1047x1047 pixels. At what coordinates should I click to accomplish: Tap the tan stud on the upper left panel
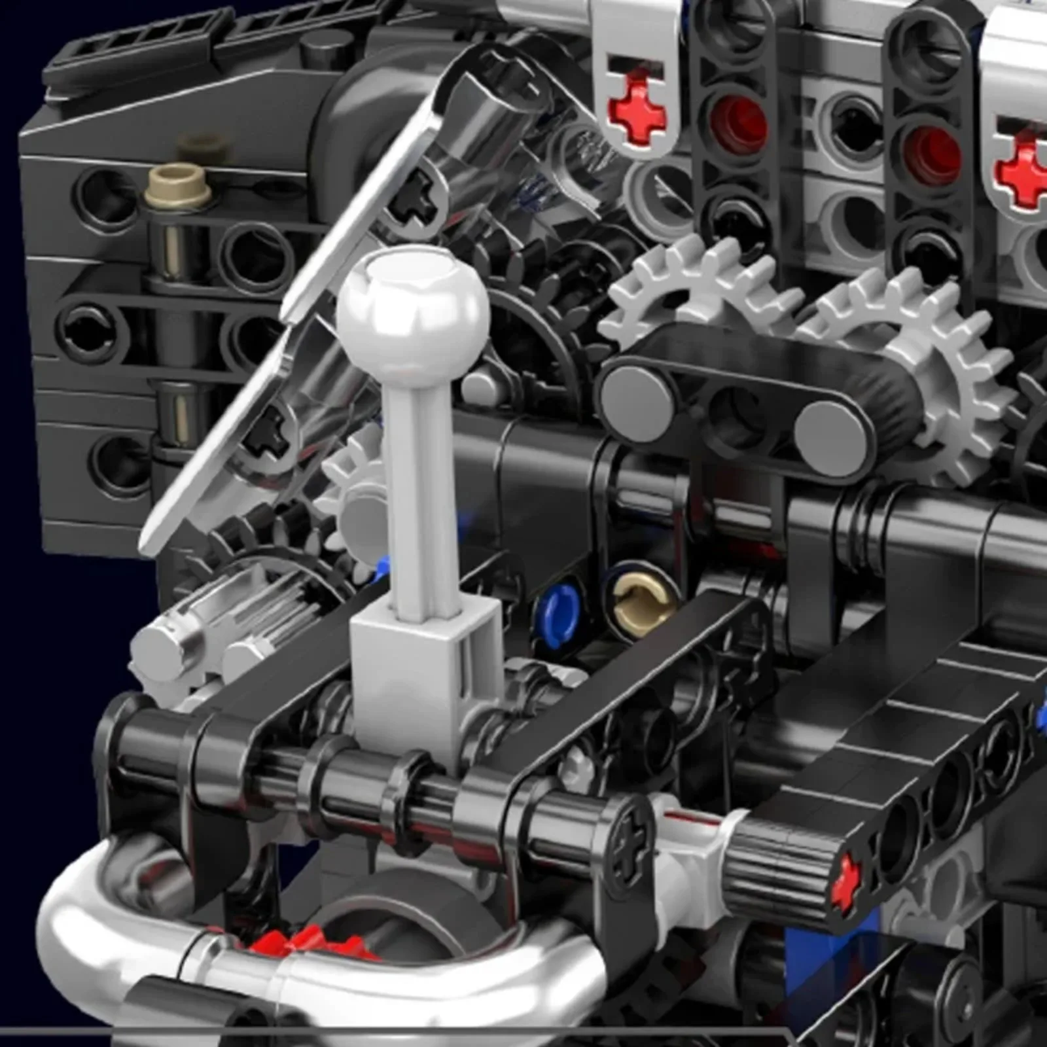[178, 180]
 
